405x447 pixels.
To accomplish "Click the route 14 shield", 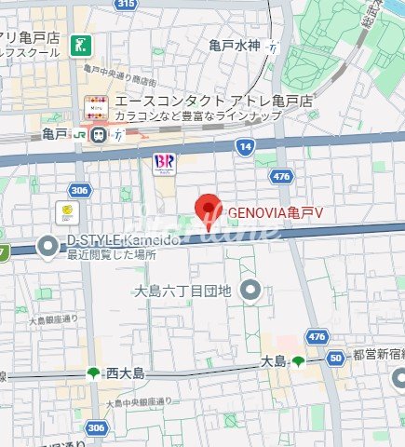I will (245, 146).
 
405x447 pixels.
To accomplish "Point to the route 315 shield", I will (127, 5).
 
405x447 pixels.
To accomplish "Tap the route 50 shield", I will (334, 357).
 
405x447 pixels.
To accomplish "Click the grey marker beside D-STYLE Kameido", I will (48, 246).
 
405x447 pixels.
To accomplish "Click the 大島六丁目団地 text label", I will (182, 291).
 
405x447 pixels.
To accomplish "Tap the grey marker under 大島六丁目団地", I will (249, 291).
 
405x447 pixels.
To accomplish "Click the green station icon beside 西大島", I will (94, 373).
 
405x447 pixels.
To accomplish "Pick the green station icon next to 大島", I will (297, 360).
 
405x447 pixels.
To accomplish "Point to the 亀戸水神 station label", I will (235, 46).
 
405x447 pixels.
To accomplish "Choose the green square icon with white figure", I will (85, 44).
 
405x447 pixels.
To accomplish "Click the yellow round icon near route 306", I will (68, 212).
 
